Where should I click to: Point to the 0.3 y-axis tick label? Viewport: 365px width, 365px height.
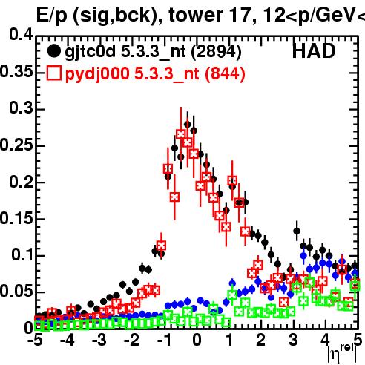21,108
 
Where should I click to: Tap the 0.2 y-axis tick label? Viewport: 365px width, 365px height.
21,181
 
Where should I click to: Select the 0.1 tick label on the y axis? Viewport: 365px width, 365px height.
22,254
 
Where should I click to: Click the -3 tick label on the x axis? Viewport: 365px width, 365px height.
99,340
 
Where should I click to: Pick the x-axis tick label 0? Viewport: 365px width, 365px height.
197,340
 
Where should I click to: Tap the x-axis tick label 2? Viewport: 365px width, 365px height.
260,340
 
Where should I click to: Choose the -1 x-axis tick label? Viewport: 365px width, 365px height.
164,340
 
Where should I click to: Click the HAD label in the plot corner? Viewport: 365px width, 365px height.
314,51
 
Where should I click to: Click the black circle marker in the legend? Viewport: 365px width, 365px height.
53,51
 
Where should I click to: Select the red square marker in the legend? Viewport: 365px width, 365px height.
53,73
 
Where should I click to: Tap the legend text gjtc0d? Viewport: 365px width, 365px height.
91,52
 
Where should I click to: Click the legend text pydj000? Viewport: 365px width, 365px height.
97,74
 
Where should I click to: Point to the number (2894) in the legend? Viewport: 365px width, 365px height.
217,52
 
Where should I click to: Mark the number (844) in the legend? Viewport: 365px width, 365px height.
225,74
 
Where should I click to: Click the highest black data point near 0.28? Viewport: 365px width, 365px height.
188,124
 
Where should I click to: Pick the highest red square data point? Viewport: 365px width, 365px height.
181,134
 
